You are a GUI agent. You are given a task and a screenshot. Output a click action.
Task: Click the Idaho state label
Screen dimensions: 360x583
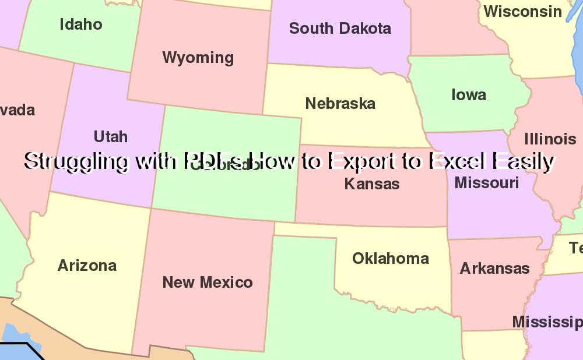(81, 24)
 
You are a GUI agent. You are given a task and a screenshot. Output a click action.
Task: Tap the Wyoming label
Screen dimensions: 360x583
(198, 58)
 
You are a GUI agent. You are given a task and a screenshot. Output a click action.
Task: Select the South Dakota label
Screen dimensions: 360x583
(340, 28)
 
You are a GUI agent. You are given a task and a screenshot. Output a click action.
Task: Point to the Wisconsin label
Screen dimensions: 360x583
(522, 11)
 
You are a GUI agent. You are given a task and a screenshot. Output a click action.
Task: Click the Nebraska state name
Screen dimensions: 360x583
(340, 104)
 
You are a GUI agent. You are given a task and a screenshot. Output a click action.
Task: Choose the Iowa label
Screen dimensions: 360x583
(469, 95)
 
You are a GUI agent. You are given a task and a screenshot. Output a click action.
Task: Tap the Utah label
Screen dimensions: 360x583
(110, 136)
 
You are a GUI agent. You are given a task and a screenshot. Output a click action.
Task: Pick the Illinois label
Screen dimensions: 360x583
(550, 139)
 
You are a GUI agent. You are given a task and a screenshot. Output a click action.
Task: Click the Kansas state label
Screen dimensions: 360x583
(371, 184)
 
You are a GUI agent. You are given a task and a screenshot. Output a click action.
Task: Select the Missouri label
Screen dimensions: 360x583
(486, 183)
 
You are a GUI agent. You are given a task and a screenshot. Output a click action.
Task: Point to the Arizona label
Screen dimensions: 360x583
(87, 266)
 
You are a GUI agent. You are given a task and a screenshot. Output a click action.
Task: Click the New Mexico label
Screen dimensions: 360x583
(207, 283)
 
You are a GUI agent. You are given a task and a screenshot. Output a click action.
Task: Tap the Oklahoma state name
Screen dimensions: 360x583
(390, 258)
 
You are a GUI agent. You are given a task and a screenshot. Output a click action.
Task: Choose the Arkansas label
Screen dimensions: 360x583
(494, 269)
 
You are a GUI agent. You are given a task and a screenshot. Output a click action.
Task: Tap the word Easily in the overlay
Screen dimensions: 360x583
(522, 161)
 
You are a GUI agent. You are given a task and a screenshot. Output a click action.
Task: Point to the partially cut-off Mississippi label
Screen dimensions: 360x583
(547, 322)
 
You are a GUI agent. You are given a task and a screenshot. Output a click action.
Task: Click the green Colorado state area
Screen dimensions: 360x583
(227, 192)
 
